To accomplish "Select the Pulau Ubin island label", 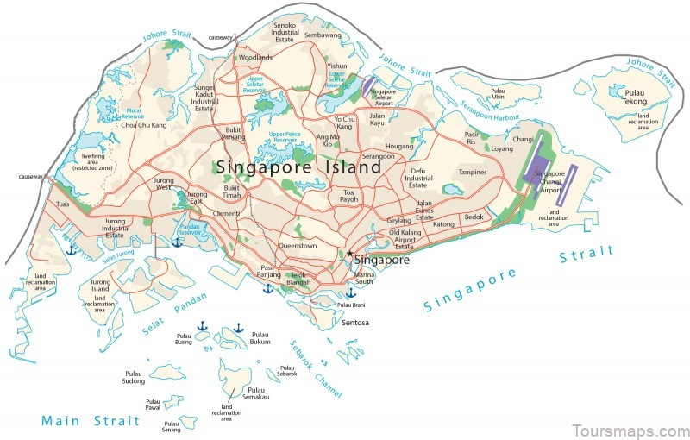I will point(497,92).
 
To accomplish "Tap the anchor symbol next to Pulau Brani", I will point(350,293).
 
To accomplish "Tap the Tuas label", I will point(62,204).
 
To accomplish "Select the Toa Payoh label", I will point(349,196).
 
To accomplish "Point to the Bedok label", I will point(474,217).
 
